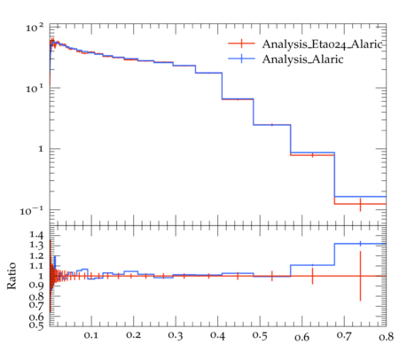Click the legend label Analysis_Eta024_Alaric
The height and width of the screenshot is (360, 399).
pos(323,44)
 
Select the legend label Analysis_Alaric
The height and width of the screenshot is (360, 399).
pos(302,59)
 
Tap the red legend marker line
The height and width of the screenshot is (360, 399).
pos(241,43)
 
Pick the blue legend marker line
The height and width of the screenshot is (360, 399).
pos(241,59)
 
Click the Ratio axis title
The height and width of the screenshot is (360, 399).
pos(12,276)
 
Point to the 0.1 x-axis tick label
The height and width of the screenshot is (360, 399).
pos(90,335)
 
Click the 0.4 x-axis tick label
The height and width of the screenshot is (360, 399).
pos(217,335)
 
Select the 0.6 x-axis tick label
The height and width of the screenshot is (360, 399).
pos(301,337)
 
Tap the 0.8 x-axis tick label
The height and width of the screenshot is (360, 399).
pos(386,337)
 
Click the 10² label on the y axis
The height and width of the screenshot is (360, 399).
pos(35,27)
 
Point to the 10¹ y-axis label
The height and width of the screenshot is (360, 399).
pos(35,89)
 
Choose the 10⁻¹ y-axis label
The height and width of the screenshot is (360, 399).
pos(31,211)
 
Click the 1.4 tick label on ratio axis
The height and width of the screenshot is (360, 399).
pos(36,235)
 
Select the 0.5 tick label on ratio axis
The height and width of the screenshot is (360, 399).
pos(36,325)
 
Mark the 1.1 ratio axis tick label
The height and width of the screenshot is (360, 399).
pos(36,266)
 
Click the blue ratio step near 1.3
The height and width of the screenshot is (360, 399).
pos(360,244)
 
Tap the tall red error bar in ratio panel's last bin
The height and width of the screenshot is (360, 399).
pos(360,276)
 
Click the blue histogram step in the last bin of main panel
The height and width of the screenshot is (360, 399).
pos(360,197)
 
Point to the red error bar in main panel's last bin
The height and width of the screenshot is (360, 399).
pos(360,205)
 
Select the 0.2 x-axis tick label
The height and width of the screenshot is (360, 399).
pos(133,335)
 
